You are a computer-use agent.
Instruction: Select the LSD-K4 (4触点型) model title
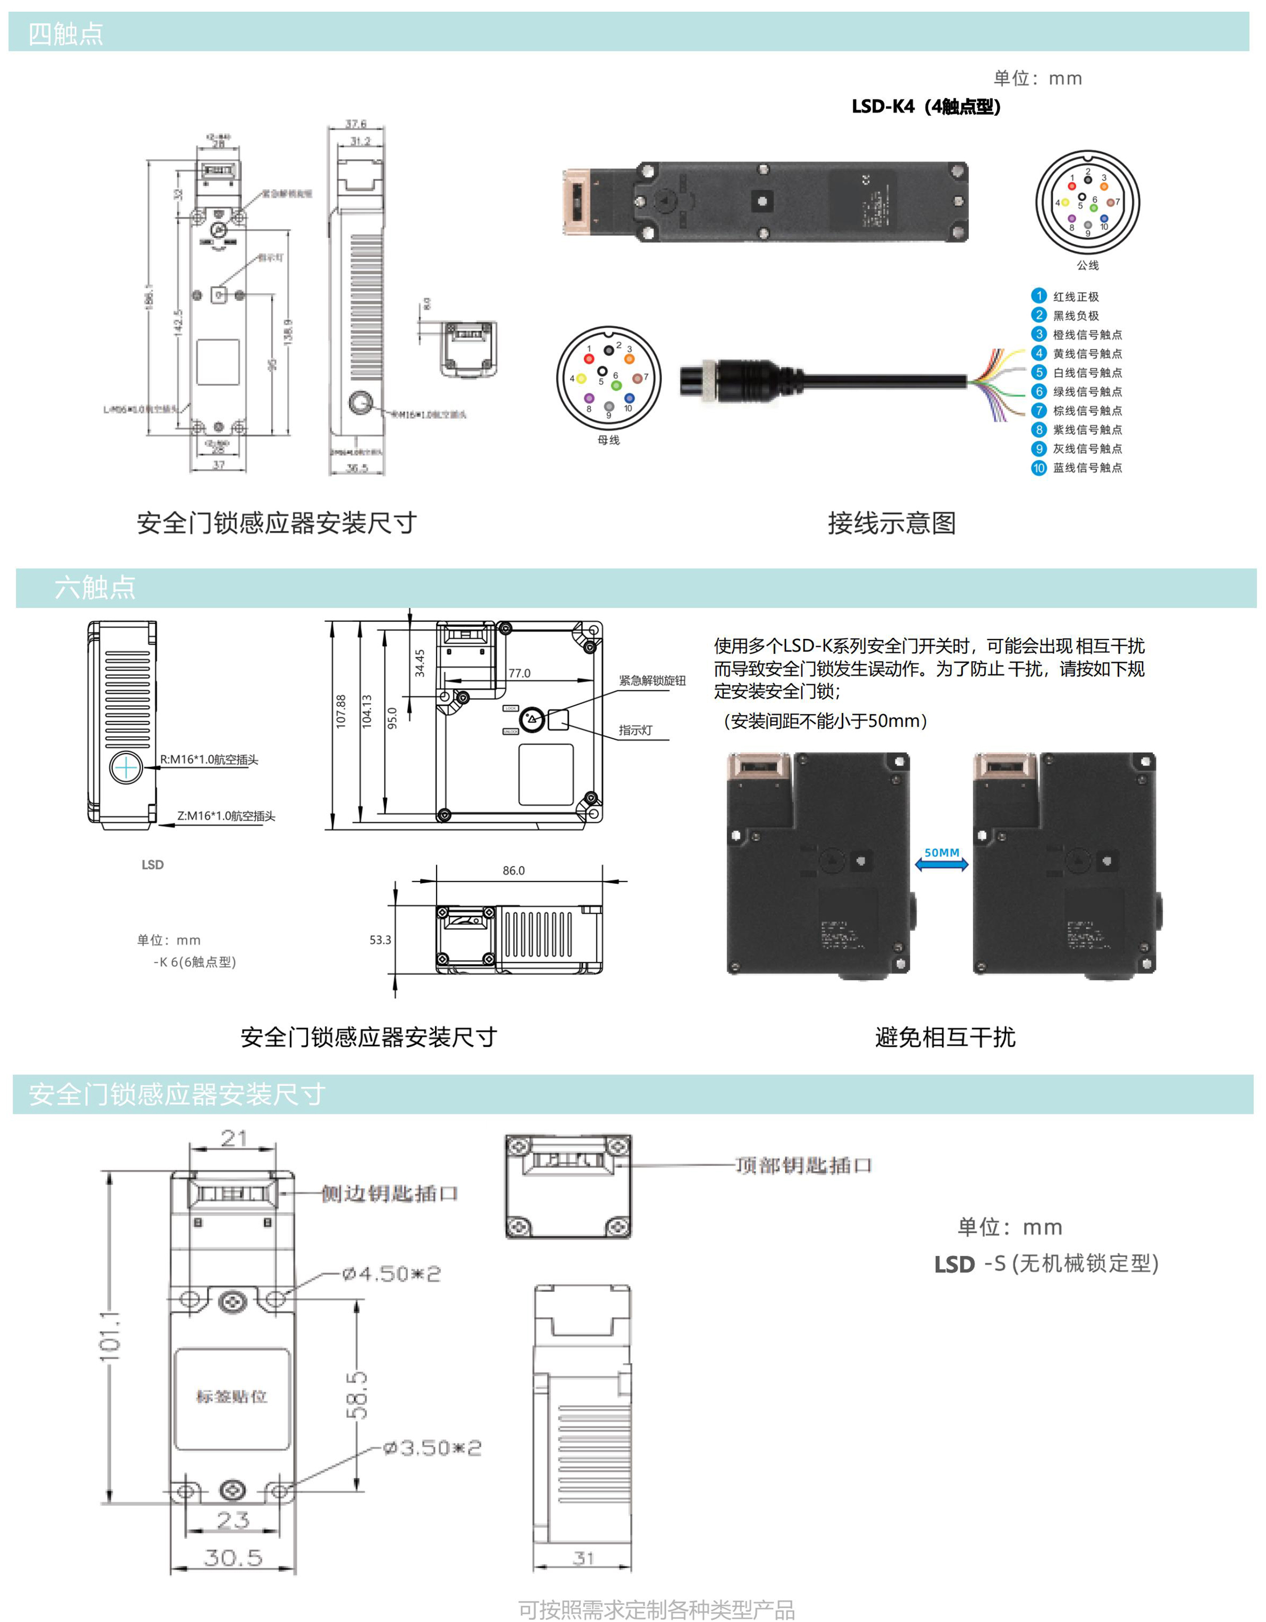point(926,107)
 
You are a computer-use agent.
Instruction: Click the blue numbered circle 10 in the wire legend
point(1038,468)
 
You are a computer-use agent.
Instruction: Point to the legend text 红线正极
point(1075,297)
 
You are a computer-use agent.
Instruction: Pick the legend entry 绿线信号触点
point(1087,391)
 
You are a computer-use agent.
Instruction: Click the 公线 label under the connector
point(1088,265)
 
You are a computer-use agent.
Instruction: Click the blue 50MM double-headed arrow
point(941,863)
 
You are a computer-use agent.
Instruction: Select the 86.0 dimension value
point(514,871)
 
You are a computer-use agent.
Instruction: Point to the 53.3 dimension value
point(380,940)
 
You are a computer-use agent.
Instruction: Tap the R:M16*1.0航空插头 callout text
point(209,759)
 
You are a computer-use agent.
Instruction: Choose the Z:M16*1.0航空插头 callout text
point(226,815)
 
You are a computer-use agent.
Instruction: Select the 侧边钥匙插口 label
point(389,1194)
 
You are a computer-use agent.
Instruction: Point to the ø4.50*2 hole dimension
point(391,1274)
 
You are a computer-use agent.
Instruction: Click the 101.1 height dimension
point(110,1337)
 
